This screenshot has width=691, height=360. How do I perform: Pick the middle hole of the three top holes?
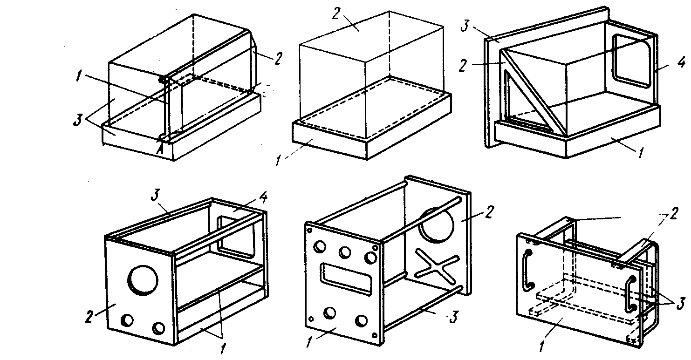point(345,252)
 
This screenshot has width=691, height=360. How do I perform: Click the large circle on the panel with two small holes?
point(143,279)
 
